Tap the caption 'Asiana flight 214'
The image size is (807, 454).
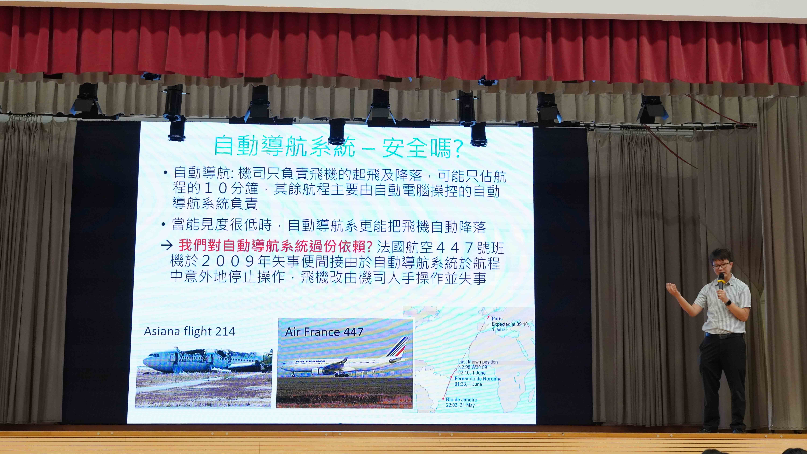[x=190, y=331]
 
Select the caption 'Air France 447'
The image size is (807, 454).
[x=324, y=332]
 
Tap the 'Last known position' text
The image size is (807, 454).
[x=478, y=362]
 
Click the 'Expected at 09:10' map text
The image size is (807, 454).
[x=510, y=324]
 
